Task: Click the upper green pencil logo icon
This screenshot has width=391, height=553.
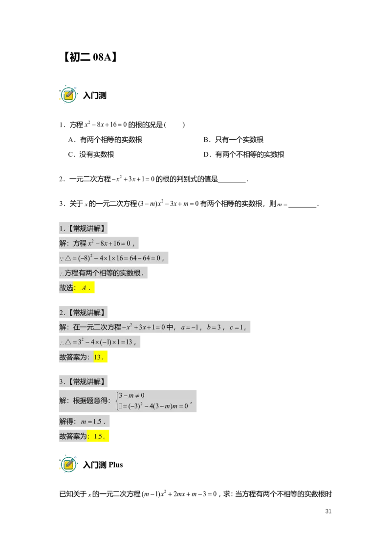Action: tap(69, 95)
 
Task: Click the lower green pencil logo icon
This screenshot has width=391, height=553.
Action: tap(69, 464)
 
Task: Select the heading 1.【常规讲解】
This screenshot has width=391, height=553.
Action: tap(84, 228)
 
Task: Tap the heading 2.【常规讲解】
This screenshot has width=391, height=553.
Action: tap(84, 313)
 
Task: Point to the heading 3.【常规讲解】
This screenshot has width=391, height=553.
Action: tap(84, 382)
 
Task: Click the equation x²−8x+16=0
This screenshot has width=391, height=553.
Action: tap(109, 243)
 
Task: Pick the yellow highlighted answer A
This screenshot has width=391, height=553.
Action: tap(86, 288)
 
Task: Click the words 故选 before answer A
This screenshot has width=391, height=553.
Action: tap(66, 288)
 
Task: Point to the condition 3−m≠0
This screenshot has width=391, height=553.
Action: tap(131, 396)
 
